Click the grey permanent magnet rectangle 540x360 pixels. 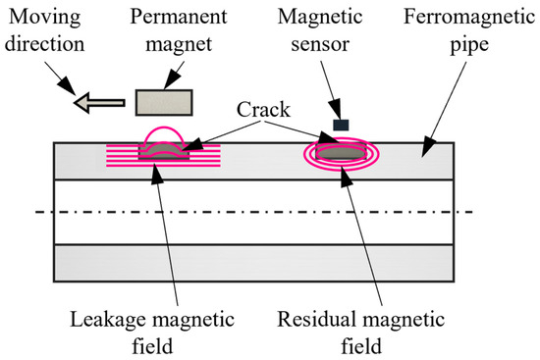[x=163, y=102]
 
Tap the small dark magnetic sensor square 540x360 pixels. [x=341, y=125]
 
